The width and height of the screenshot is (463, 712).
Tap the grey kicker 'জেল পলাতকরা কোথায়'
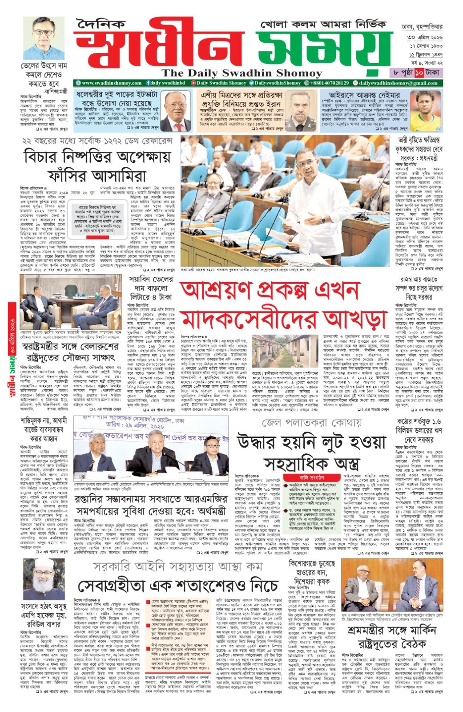pyautogui.click(x=311, y=422)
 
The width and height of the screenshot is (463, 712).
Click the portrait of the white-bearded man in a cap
pyautogui.click(x=44, y=579)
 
